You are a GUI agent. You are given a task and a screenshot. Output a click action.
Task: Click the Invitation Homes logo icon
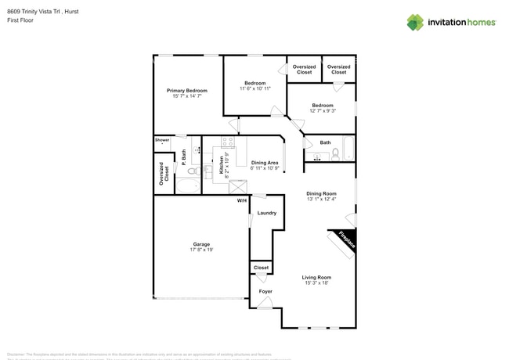point(415,23)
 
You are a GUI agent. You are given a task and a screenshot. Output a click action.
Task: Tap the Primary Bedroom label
point(187,91)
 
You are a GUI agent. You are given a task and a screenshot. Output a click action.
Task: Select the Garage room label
point(201,244)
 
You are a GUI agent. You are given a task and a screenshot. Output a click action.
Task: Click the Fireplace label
point(347,240)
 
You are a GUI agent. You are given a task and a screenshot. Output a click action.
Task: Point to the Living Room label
point(317,277)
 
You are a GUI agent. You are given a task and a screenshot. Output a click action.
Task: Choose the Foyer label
point(266,291)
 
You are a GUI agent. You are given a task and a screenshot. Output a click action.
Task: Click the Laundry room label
point(266,213)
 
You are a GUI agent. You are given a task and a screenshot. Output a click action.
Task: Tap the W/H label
point(242,201)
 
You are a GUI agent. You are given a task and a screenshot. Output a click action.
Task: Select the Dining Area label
point(265,163)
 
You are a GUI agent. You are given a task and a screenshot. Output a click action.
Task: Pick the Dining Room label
point(321,193)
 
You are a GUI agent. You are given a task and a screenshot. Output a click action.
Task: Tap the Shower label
point(162,140)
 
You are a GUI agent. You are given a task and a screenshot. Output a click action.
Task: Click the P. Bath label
point(184,157)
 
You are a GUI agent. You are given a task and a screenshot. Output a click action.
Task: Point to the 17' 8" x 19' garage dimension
point(201,250)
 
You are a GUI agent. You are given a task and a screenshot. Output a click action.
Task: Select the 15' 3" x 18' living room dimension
point(317,283)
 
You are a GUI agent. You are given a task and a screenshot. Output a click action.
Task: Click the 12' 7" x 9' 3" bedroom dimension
point(323,111)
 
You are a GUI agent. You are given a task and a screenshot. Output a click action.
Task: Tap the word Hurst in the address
point(70,12)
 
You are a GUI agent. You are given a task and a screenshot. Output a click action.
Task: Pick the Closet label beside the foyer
point(262,268)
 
